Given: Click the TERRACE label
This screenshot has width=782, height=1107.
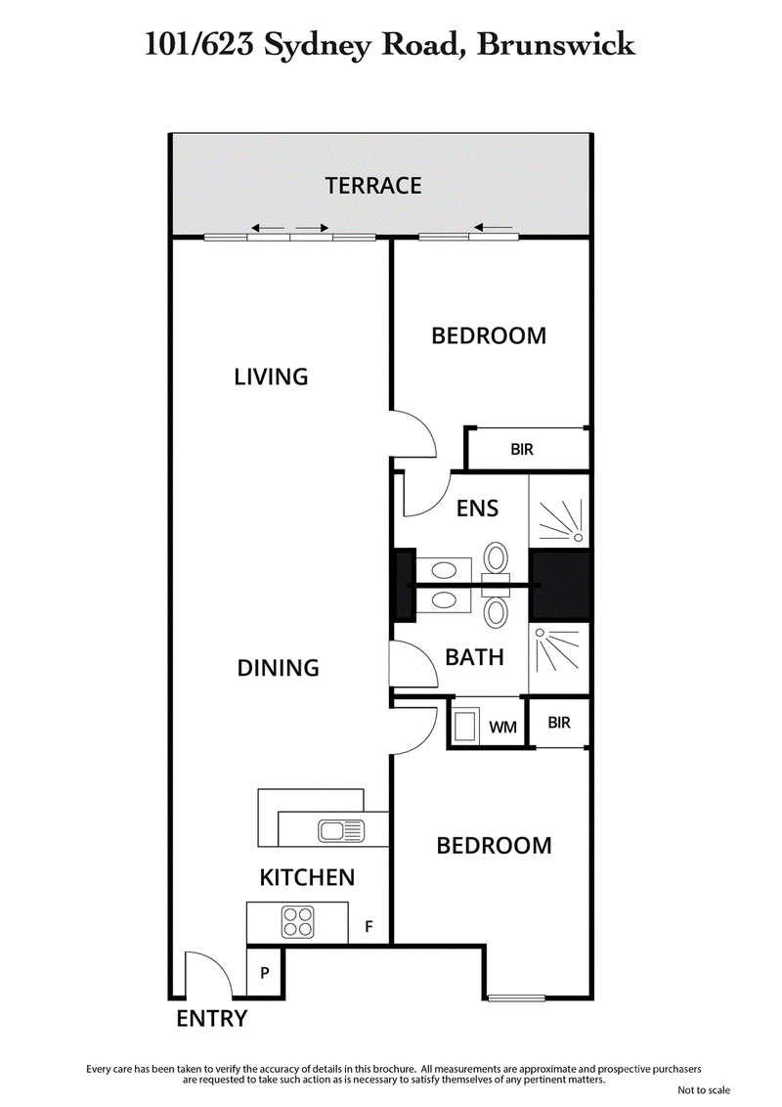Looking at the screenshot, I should (x=373, y=185).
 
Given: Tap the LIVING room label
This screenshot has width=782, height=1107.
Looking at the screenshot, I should (x=272, y=376).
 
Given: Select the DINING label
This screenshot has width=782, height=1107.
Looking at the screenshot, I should (x=279, y=668).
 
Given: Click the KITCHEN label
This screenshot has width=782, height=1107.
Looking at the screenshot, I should (x=307, y=877).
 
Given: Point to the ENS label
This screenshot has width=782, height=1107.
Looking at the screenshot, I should (x=478, y=509).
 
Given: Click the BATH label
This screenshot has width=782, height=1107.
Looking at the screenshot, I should (x=474, y=656).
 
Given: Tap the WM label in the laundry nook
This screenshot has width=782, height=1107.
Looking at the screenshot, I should (x=502, y=728).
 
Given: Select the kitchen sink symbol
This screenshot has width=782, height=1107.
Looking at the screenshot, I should (x=340, y=831).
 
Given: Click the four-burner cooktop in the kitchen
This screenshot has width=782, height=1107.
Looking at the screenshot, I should (x=297, y=921).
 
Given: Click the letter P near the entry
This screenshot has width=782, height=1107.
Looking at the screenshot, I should (x=264, y=973).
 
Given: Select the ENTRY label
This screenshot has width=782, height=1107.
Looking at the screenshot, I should (x=211, y=1019).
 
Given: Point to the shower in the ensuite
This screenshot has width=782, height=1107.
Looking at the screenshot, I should (x=559, y=510).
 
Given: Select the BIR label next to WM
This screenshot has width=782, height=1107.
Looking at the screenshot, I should (x=559, y=724).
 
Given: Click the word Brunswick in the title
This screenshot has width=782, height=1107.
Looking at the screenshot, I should (x=555, y=44).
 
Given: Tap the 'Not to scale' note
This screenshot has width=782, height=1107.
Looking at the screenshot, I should (x=703, y=1089).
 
